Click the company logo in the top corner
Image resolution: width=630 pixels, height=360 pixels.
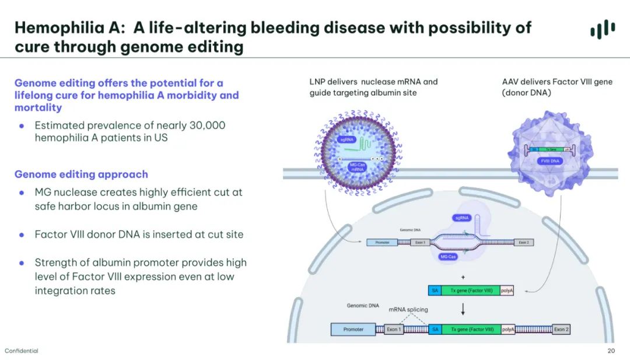click(602, 29)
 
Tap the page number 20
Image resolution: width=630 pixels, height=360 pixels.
click(611, 351)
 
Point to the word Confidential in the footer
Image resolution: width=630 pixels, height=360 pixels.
click(22, 351)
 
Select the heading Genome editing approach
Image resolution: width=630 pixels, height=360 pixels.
click(81, 174)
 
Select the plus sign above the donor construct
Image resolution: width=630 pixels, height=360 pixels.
click(463, 277)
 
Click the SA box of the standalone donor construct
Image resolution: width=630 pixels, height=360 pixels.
click(434, 290)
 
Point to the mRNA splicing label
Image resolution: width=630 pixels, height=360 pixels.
click(408, 309)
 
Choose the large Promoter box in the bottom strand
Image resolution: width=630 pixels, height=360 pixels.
click(353, 330)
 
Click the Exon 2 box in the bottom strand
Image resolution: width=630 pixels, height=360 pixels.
click(561, 330)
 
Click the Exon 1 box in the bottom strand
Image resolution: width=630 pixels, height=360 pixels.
click(394, 330)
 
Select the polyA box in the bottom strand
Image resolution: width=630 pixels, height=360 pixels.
click(508, 330)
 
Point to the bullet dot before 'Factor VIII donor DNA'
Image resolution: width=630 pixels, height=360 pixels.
click(22, 235)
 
